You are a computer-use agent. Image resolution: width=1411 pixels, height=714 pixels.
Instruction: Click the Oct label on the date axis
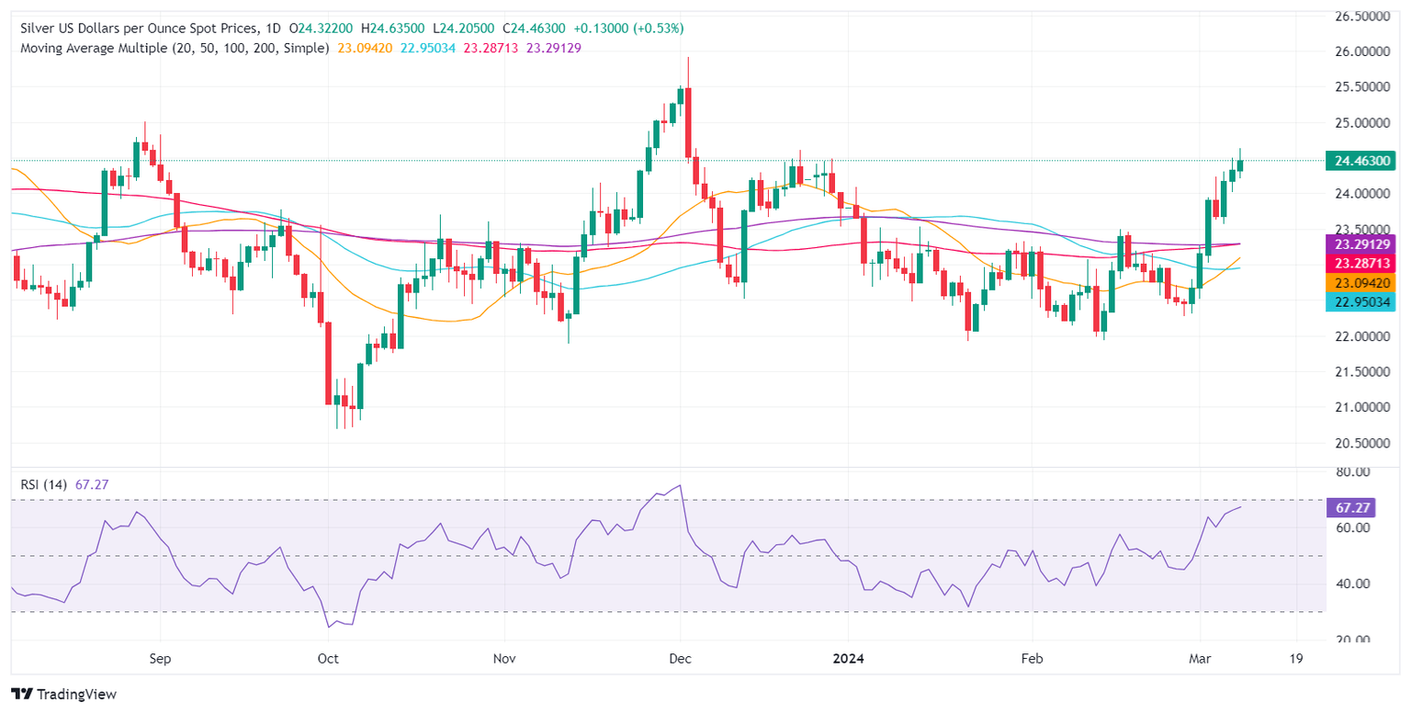[327, 659]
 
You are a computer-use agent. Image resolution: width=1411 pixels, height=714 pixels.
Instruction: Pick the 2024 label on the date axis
[848, 659]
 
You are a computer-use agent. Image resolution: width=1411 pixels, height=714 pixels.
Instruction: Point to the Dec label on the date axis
[680, 659]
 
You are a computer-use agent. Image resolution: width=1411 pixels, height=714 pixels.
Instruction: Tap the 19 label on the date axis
[1296, 659]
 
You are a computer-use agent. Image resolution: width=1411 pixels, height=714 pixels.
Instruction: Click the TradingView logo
[63, 694]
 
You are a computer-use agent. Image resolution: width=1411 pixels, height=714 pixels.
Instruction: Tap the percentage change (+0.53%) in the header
[656, 28]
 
